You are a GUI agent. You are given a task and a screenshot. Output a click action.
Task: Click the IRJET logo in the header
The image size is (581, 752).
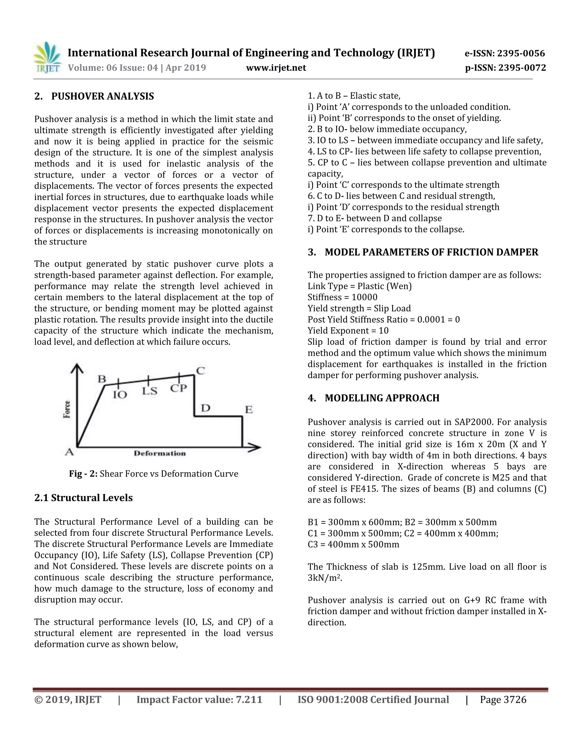pyautogui.click(x=47, y=58)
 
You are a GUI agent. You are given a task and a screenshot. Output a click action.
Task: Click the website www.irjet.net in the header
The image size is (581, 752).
pyautogui.click(x=276, y=68)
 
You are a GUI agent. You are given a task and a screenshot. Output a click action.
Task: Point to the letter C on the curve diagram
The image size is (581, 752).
pyautogui.click(x=200, y=371)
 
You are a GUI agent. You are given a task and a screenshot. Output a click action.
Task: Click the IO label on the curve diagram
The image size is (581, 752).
pyautogui.click(x=120, y=395)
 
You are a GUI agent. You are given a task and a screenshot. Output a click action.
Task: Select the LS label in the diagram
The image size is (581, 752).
pyautogui.click(x=150, y=391)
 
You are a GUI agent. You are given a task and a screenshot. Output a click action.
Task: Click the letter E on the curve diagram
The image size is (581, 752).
pyautogui.click(x=249, y=410)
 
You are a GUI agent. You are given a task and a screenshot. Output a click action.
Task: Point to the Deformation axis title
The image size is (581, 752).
pyautogui.click(x=160, y=453)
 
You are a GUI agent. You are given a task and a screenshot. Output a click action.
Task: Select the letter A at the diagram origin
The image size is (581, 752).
pyautogui.click(x=70, y=452)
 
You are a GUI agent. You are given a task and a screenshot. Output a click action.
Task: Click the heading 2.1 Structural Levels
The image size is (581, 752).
pyautogui.click(x=83, y=498)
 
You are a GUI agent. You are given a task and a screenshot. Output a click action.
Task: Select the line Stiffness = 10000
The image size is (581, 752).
pyautogui.click(x=342, y=297)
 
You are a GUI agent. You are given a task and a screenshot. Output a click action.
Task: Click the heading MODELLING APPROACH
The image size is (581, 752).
pyautogui.click(x=382, y=398)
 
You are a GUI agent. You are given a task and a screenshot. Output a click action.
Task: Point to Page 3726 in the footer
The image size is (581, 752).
pyautogui.click(x=503, y=700)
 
